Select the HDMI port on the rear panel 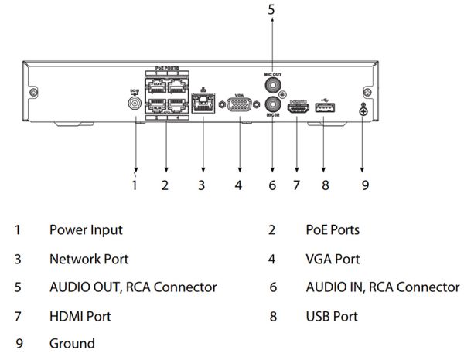pyautogui.click(x=298, y=110)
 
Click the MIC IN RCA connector pyautogui.click(x=272, y=104)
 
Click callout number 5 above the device pyautogui.click(x=271, y=10)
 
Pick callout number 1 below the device pyautogui.click(x=135, y=185)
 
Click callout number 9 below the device pyautogui.click(x=365, y=185)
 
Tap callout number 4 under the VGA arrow pyautogui.click(x=239, y=185)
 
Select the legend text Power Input pyautogui.click(x=86, y=229)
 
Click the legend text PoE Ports pyautogui.click(x=333, y=229)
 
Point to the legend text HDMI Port pyautogui.click(x=80, y=316)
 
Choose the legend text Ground pyautogui.click(x=72, y=344)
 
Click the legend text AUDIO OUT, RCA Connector pyautogui.click(x=133, y=287)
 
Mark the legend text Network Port pyautogui.click(x=89, y=259)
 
